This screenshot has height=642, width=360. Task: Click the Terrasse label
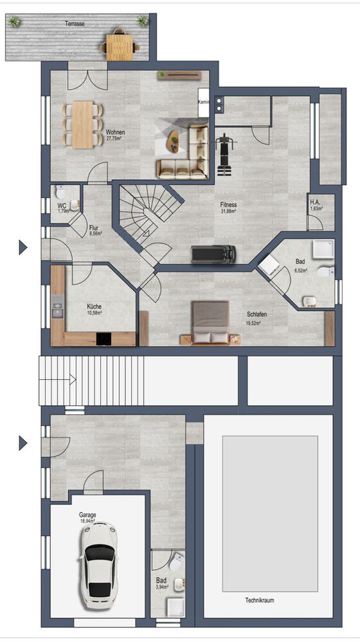click(x=74, y=24)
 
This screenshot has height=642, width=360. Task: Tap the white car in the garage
click(x=98, y=565)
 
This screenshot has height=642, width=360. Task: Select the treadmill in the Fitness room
click(x=213, y=254)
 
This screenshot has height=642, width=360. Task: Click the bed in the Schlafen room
click(x=211, y=322)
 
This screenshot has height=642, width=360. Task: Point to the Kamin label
click(x=203, y=102)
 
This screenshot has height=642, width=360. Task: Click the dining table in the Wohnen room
click(x=84, y=124)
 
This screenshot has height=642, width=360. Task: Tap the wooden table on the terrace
click(x=120, y=47)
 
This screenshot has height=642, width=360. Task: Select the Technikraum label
click(x=260, y=601)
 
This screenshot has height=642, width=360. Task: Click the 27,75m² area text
click(x=114, y=138)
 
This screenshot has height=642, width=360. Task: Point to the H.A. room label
click(x=315, y=202)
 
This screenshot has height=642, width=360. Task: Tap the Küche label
click(x=94, y=306)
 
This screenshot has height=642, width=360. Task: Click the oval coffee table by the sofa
click(x=174, y=141)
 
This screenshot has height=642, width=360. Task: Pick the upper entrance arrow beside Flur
click(x=23, y=247)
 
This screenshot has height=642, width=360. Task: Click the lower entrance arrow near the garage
click(x=23, y=443)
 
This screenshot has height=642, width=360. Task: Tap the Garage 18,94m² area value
click(x=88, y=522)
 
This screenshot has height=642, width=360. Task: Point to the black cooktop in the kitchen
click(x=104, y=338)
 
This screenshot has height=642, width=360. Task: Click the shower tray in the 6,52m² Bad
click(x=324, y=249)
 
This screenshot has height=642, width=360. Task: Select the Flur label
click(x=94, y=229)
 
